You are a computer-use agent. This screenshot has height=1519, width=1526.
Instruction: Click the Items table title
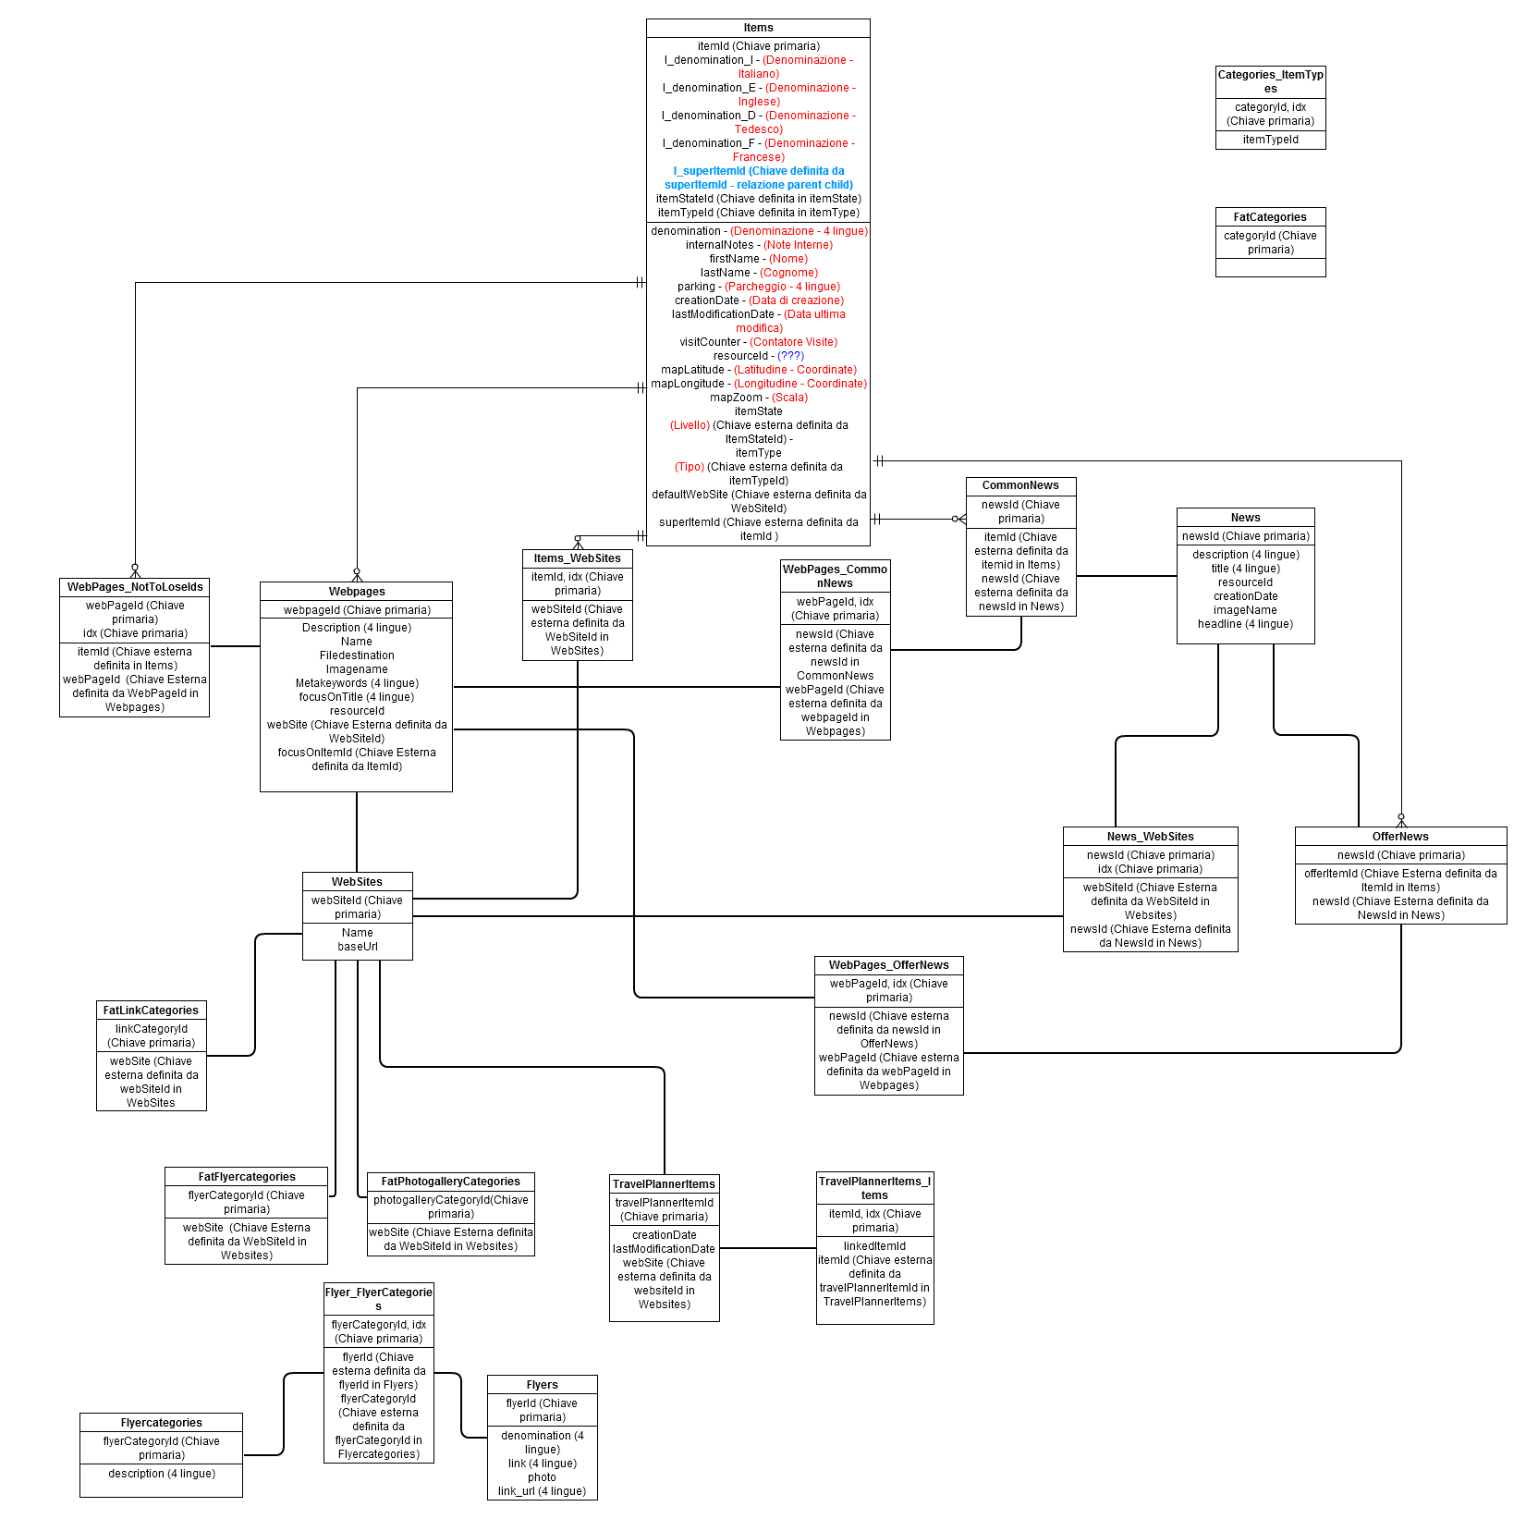758,28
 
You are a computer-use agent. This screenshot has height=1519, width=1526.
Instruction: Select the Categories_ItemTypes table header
1270,81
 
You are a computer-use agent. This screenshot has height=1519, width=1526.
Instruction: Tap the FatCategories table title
1270,217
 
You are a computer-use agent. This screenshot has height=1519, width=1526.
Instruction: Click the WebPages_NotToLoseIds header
135,587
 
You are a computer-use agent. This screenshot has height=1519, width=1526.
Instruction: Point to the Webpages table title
357,592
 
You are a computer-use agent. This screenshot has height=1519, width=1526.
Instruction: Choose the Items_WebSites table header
577,558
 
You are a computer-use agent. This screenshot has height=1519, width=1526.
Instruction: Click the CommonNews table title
1020,485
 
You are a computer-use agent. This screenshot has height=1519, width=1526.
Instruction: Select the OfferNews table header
1400,837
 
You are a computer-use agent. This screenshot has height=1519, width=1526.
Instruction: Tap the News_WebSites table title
1150,837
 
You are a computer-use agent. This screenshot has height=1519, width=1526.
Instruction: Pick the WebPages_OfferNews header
888,965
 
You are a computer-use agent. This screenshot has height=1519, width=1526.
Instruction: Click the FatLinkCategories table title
151,1011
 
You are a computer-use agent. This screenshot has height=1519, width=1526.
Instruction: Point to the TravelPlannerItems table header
664,1184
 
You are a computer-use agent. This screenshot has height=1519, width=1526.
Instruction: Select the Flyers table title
542,1385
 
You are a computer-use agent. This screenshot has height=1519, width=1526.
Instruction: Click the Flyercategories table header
161,1423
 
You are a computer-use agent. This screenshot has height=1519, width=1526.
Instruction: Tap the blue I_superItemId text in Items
758,178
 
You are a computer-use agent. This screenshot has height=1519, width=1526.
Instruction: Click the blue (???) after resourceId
790,356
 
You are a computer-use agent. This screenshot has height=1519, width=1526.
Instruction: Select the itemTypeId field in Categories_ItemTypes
1270,140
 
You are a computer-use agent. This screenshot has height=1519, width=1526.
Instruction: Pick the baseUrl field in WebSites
357,947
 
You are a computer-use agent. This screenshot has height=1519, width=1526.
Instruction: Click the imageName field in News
1245,610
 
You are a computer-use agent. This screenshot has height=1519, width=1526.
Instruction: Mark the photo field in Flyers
542,1477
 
